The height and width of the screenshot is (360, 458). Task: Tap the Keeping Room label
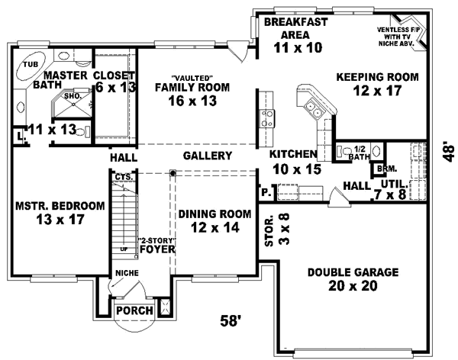coord(378,85)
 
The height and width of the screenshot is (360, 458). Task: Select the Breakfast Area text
coord(295,35)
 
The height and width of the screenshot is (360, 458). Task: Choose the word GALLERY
coord(207,156)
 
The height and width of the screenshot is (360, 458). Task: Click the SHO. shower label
coord(73,97)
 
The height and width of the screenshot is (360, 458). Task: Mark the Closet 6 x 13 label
coord(114,82)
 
